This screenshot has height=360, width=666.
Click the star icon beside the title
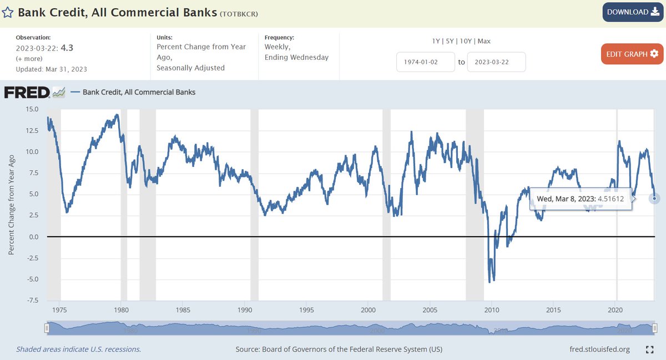(9, 12)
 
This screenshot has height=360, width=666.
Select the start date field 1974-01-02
(426, 62)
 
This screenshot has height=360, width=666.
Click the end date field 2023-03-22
(496, 62)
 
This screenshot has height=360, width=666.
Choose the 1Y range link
(436, 41)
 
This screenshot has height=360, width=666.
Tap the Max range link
(485, 41)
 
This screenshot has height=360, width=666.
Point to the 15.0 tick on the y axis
(32, 109)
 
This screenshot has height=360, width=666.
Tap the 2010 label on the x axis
(492, 310)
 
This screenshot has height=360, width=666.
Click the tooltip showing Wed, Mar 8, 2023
(581, 198)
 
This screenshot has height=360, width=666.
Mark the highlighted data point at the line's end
(654, 198)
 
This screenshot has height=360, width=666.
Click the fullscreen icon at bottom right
(649, 349)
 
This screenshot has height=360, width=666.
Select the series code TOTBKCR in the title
(239, 13)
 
